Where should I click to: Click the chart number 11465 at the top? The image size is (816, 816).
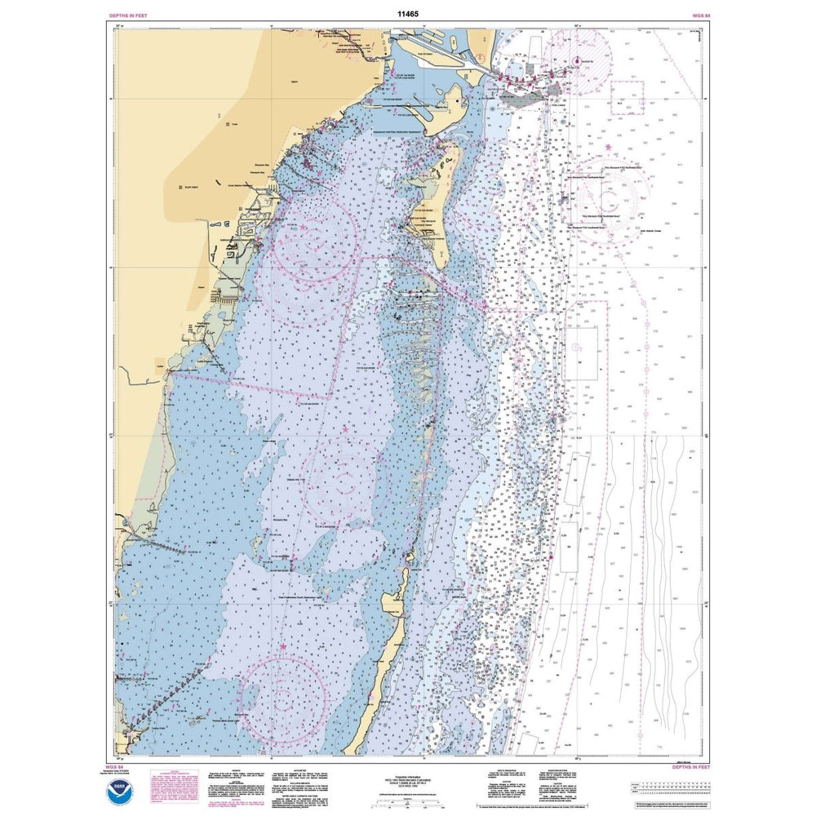407,14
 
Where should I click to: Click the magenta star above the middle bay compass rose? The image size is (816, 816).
345,428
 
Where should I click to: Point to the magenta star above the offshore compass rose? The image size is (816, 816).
609,147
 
